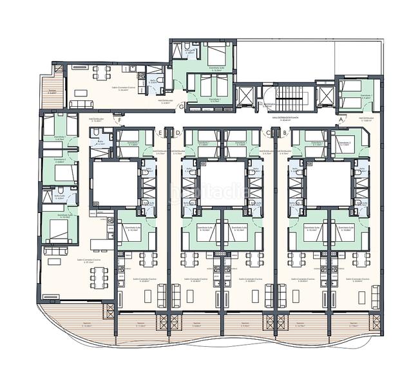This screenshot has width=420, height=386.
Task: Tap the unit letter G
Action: pos(182,106)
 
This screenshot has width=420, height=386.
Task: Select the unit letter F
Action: pos(118,120)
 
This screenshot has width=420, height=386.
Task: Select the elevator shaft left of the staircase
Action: pos(245,96)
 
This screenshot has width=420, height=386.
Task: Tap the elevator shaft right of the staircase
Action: pos(325,96)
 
